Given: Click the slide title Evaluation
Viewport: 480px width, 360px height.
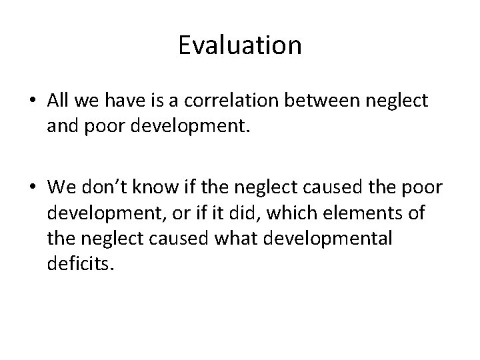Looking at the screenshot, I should click(240, 45).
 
